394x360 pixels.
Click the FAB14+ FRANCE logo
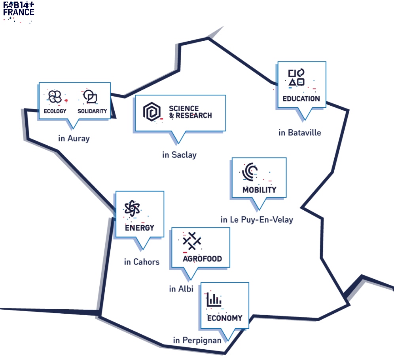coord(19,9)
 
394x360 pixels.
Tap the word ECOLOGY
coord(55,111)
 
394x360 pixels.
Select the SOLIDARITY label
coord(92,111)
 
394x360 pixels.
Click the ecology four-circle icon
coord(55,96)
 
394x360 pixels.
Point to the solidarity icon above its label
coord(90,97)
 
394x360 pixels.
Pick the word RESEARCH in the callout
coord(193,116)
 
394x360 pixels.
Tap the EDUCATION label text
coord(301,99)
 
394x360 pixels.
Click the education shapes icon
coord(296,77)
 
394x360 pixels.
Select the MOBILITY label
coord(260,190)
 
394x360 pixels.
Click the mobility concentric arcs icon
coord(250,171)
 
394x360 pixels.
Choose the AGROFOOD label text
coord(202,259)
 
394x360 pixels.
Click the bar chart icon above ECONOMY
coord(214,301)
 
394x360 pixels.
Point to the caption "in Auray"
coord(74,139)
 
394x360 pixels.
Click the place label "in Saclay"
coord(179,155)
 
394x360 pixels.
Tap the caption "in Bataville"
coord(300,133)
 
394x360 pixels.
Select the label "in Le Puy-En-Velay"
coord(257,219)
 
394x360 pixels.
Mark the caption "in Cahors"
coord(142,262)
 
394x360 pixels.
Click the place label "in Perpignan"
coord(197,340)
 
